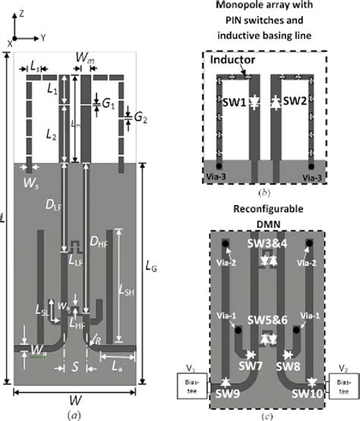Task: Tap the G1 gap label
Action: (x=109, y=100)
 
